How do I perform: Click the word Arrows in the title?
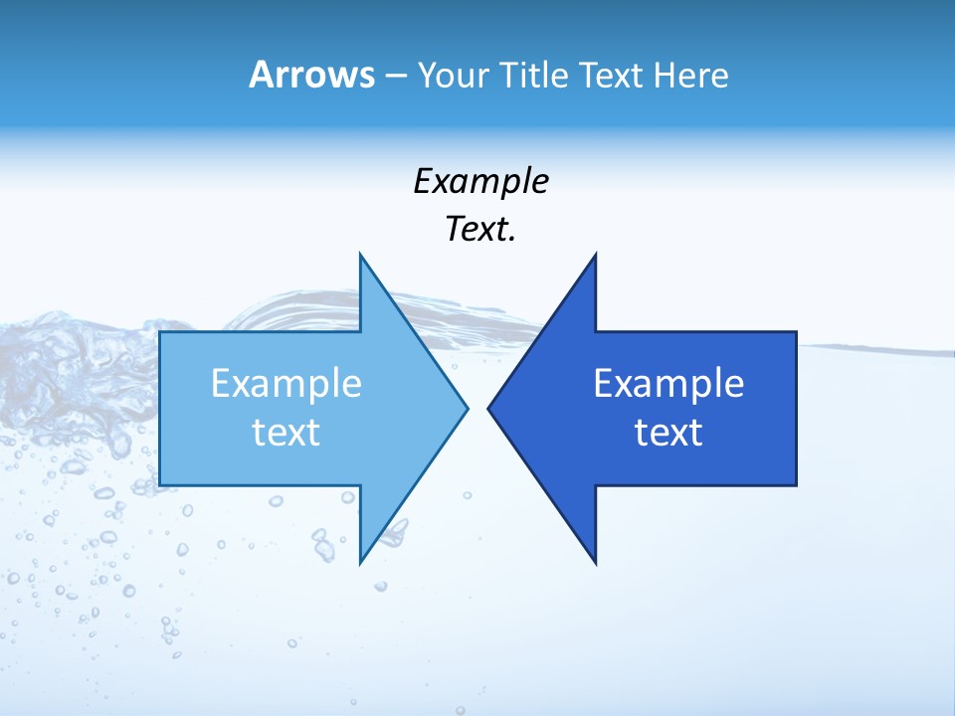pos(310,75)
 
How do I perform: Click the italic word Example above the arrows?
pos(480,181)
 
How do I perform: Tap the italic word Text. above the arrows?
pos(480,229)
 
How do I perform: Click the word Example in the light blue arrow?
pos(286,384)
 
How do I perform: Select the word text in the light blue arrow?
pos(286,433)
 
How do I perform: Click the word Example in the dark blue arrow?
pos(668,384)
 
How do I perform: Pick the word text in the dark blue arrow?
pos(668,433)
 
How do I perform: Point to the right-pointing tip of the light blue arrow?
pos(467,408)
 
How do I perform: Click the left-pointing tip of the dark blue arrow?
pos(488,408)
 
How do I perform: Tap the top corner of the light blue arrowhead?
pos(360,255)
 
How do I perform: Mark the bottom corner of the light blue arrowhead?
pos(360,563)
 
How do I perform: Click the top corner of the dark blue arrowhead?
pos(595,255)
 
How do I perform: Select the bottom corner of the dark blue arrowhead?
pos(595,563)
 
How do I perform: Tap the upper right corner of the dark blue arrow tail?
pos(796,332)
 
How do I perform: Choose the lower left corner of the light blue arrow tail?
pos(160,485)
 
